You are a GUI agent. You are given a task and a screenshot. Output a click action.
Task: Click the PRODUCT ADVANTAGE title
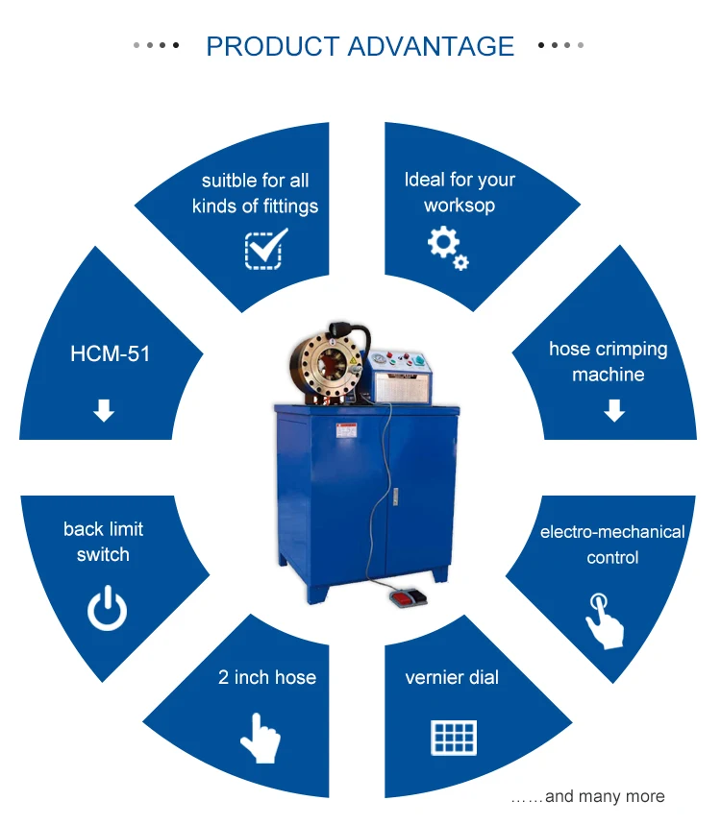[x=360, y=46]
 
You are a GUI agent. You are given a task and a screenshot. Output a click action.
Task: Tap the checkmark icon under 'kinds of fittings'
[x=265, y=248]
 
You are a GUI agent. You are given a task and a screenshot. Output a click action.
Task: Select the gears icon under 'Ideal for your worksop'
[x=448, y=247]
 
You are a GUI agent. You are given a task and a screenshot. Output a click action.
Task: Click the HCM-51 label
[x=111, y=353]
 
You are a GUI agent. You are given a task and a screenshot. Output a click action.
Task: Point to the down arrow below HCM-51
[x=104, y=411]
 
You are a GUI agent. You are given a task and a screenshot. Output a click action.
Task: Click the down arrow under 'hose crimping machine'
[x=614, y=411]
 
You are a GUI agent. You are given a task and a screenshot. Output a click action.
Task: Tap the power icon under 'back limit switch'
[x=107, y=609]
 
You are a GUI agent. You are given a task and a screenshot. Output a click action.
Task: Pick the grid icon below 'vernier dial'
[x=453, y=737]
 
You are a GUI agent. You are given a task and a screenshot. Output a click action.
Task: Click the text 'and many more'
[x=604, y=796]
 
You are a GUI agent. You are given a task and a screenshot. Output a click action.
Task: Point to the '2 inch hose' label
[x=267, y=677]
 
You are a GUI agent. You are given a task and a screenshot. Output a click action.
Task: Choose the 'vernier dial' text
[x=452, y=677]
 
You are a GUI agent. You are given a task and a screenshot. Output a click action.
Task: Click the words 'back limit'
[x=103, y=529]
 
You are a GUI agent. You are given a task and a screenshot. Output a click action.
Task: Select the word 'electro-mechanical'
[x=612, y=531]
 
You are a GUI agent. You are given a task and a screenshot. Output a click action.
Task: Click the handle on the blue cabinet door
[x=393, y=497]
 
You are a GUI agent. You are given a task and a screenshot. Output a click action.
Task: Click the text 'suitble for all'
[x=255, y=181]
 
